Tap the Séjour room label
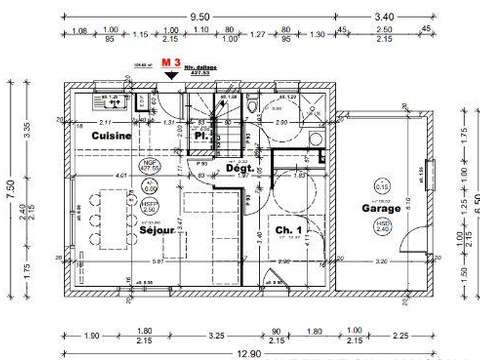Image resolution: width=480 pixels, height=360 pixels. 158,229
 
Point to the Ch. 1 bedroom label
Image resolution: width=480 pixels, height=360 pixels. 286,227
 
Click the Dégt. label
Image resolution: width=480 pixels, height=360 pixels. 237,170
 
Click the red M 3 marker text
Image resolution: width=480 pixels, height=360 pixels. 171,62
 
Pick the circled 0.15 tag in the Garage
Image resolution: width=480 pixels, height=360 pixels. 383,186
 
